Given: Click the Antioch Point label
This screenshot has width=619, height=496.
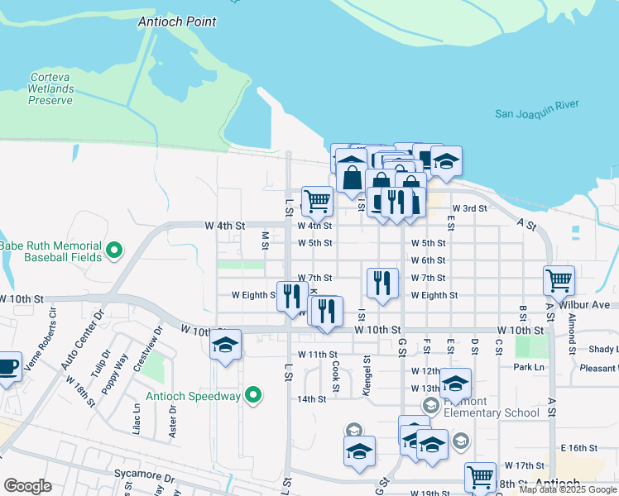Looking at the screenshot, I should [x=177, y=21].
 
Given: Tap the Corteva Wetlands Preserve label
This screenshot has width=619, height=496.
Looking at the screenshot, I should [x=51, y=88].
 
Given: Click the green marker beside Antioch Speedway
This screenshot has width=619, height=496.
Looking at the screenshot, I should [x=255, y=396].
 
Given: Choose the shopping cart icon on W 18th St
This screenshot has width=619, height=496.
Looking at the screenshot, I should [x=480, y=476].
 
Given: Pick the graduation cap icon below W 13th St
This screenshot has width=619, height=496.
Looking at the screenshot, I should [x=454, y=383].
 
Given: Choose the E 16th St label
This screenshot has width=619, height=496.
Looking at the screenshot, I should [x=578, y=447].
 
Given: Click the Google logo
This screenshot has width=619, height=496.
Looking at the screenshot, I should [x=27, y=486].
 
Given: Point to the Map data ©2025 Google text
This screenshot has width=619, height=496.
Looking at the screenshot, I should [x=569, y=489].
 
